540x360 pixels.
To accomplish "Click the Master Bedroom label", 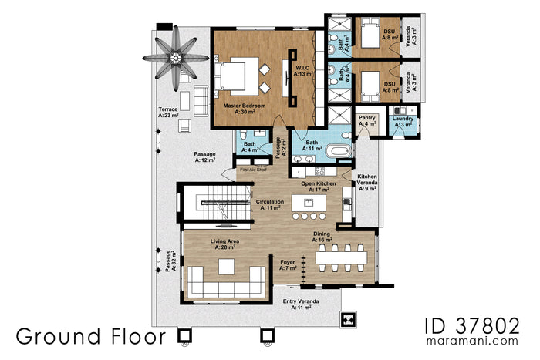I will click(x=245, y=107).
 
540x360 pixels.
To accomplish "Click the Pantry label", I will click(x=367, y=120).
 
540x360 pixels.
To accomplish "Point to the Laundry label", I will click(x=403, y=121).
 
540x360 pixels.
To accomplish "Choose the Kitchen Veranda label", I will click(x=366, y=182).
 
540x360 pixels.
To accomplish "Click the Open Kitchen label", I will click(x=317, y=187).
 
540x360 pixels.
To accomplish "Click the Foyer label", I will click(x=289, y=264).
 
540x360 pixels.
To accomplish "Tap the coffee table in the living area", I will click(x=226, y=267).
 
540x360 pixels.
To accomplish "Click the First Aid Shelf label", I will click(x=253, y=169).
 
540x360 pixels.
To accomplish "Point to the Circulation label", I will click(x=271, y=204).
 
